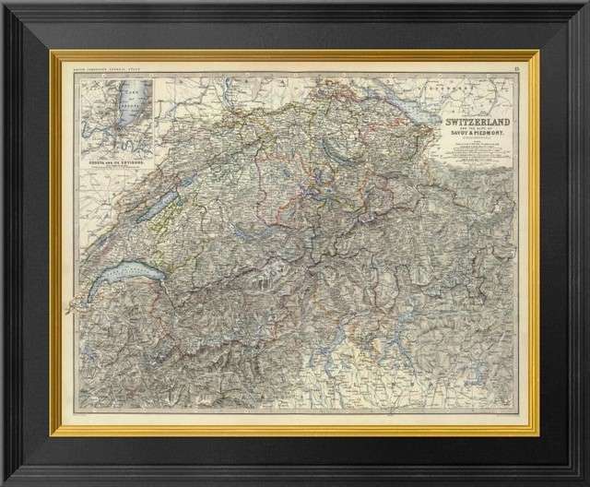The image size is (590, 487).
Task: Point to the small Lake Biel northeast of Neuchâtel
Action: (180, 184)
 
